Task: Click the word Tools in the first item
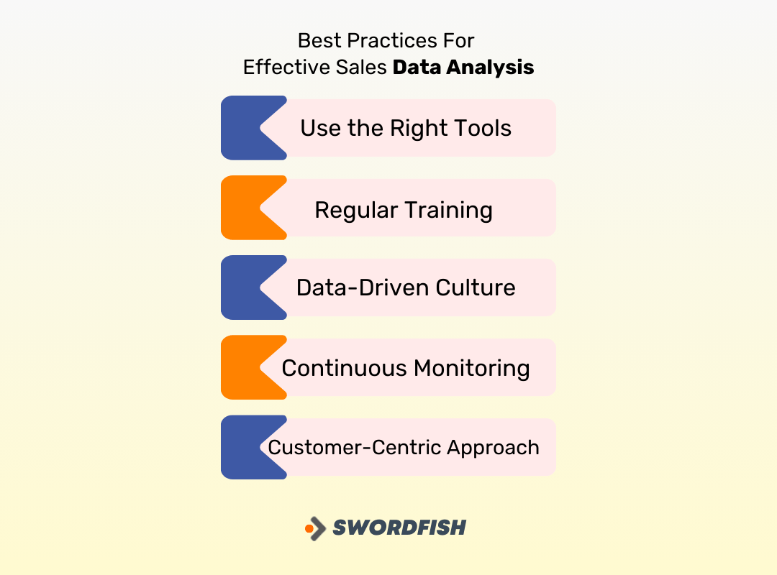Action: pos(482,129)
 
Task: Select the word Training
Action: pos(448,211)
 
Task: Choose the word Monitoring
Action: pos(472,369)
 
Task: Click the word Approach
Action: pos(494,448)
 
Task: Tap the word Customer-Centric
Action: pos(355,448)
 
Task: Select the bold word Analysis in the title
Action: pos(490,68)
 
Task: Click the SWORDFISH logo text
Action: pos(399,528)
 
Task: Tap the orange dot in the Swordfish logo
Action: pos(309,529)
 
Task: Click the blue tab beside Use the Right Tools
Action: pos(241,128)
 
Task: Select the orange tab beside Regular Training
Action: pos(241,208)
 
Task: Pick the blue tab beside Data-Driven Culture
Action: pos(241,287)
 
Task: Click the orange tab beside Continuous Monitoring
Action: pos(241,367)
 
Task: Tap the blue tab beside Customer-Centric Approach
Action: pos(241,447)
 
